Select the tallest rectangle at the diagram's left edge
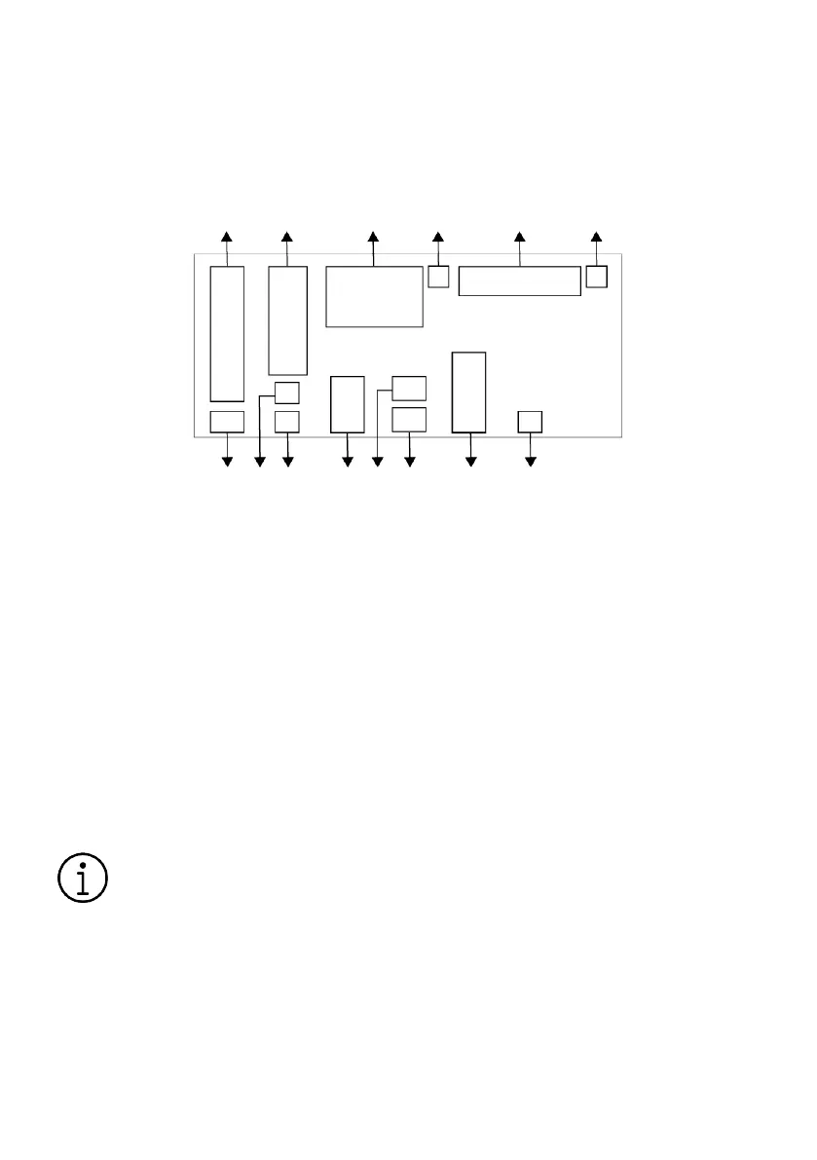(227, 333)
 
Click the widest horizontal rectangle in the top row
(519, 281)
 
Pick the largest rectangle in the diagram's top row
(374, 296)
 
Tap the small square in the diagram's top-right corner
(597, 277)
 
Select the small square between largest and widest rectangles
(438, 278)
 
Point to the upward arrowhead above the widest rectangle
(519, 237)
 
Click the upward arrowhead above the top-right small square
(597, 237)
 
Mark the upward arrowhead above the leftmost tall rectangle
(227, 237)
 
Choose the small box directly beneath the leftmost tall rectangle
(227, 422)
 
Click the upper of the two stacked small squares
(286, 393)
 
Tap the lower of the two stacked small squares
(286, 422)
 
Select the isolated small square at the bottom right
(530, 422)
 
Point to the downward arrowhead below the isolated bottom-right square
(530, 461)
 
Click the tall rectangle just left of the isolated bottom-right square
(469, 392)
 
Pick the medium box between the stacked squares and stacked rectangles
(348, 403)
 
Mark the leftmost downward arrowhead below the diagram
(228, 461)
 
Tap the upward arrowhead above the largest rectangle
(373, 237)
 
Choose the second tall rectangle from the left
(287, 319)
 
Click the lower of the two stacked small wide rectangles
(409, 420)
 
